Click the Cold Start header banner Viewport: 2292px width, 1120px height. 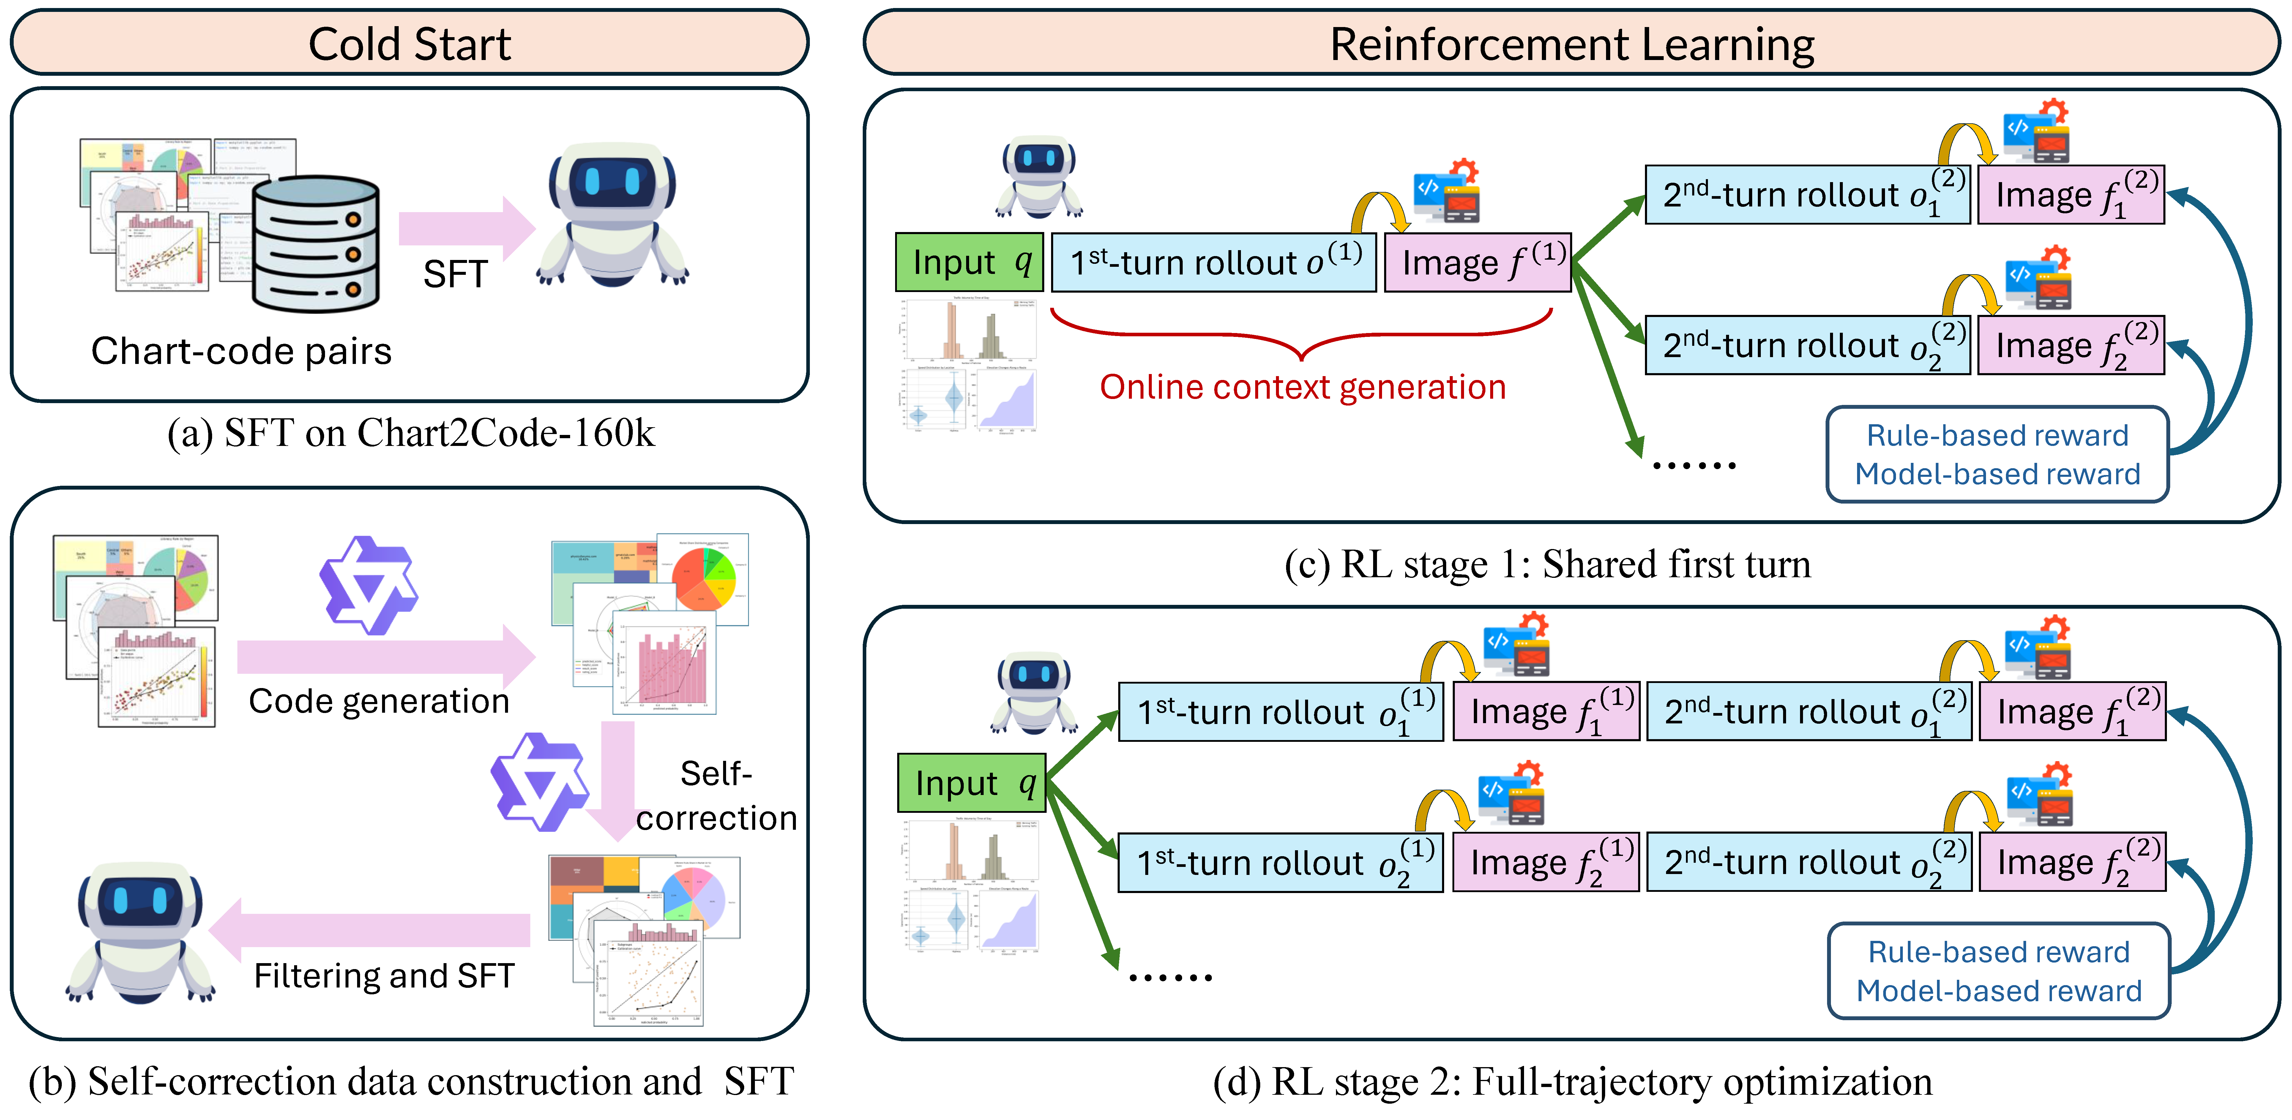click(x=409, y=43)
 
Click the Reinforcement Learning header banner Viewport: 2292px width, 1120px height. click(x=1571, y=43)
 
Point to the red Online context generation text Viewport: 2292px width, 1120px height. click(x=1303, y=387)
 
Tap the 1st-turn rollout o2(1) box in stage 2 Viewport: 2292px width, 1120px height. click(x=1280, y=862)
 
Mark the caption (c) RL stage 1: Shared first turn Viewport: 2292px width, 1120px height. click(x=1547, y=564)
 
